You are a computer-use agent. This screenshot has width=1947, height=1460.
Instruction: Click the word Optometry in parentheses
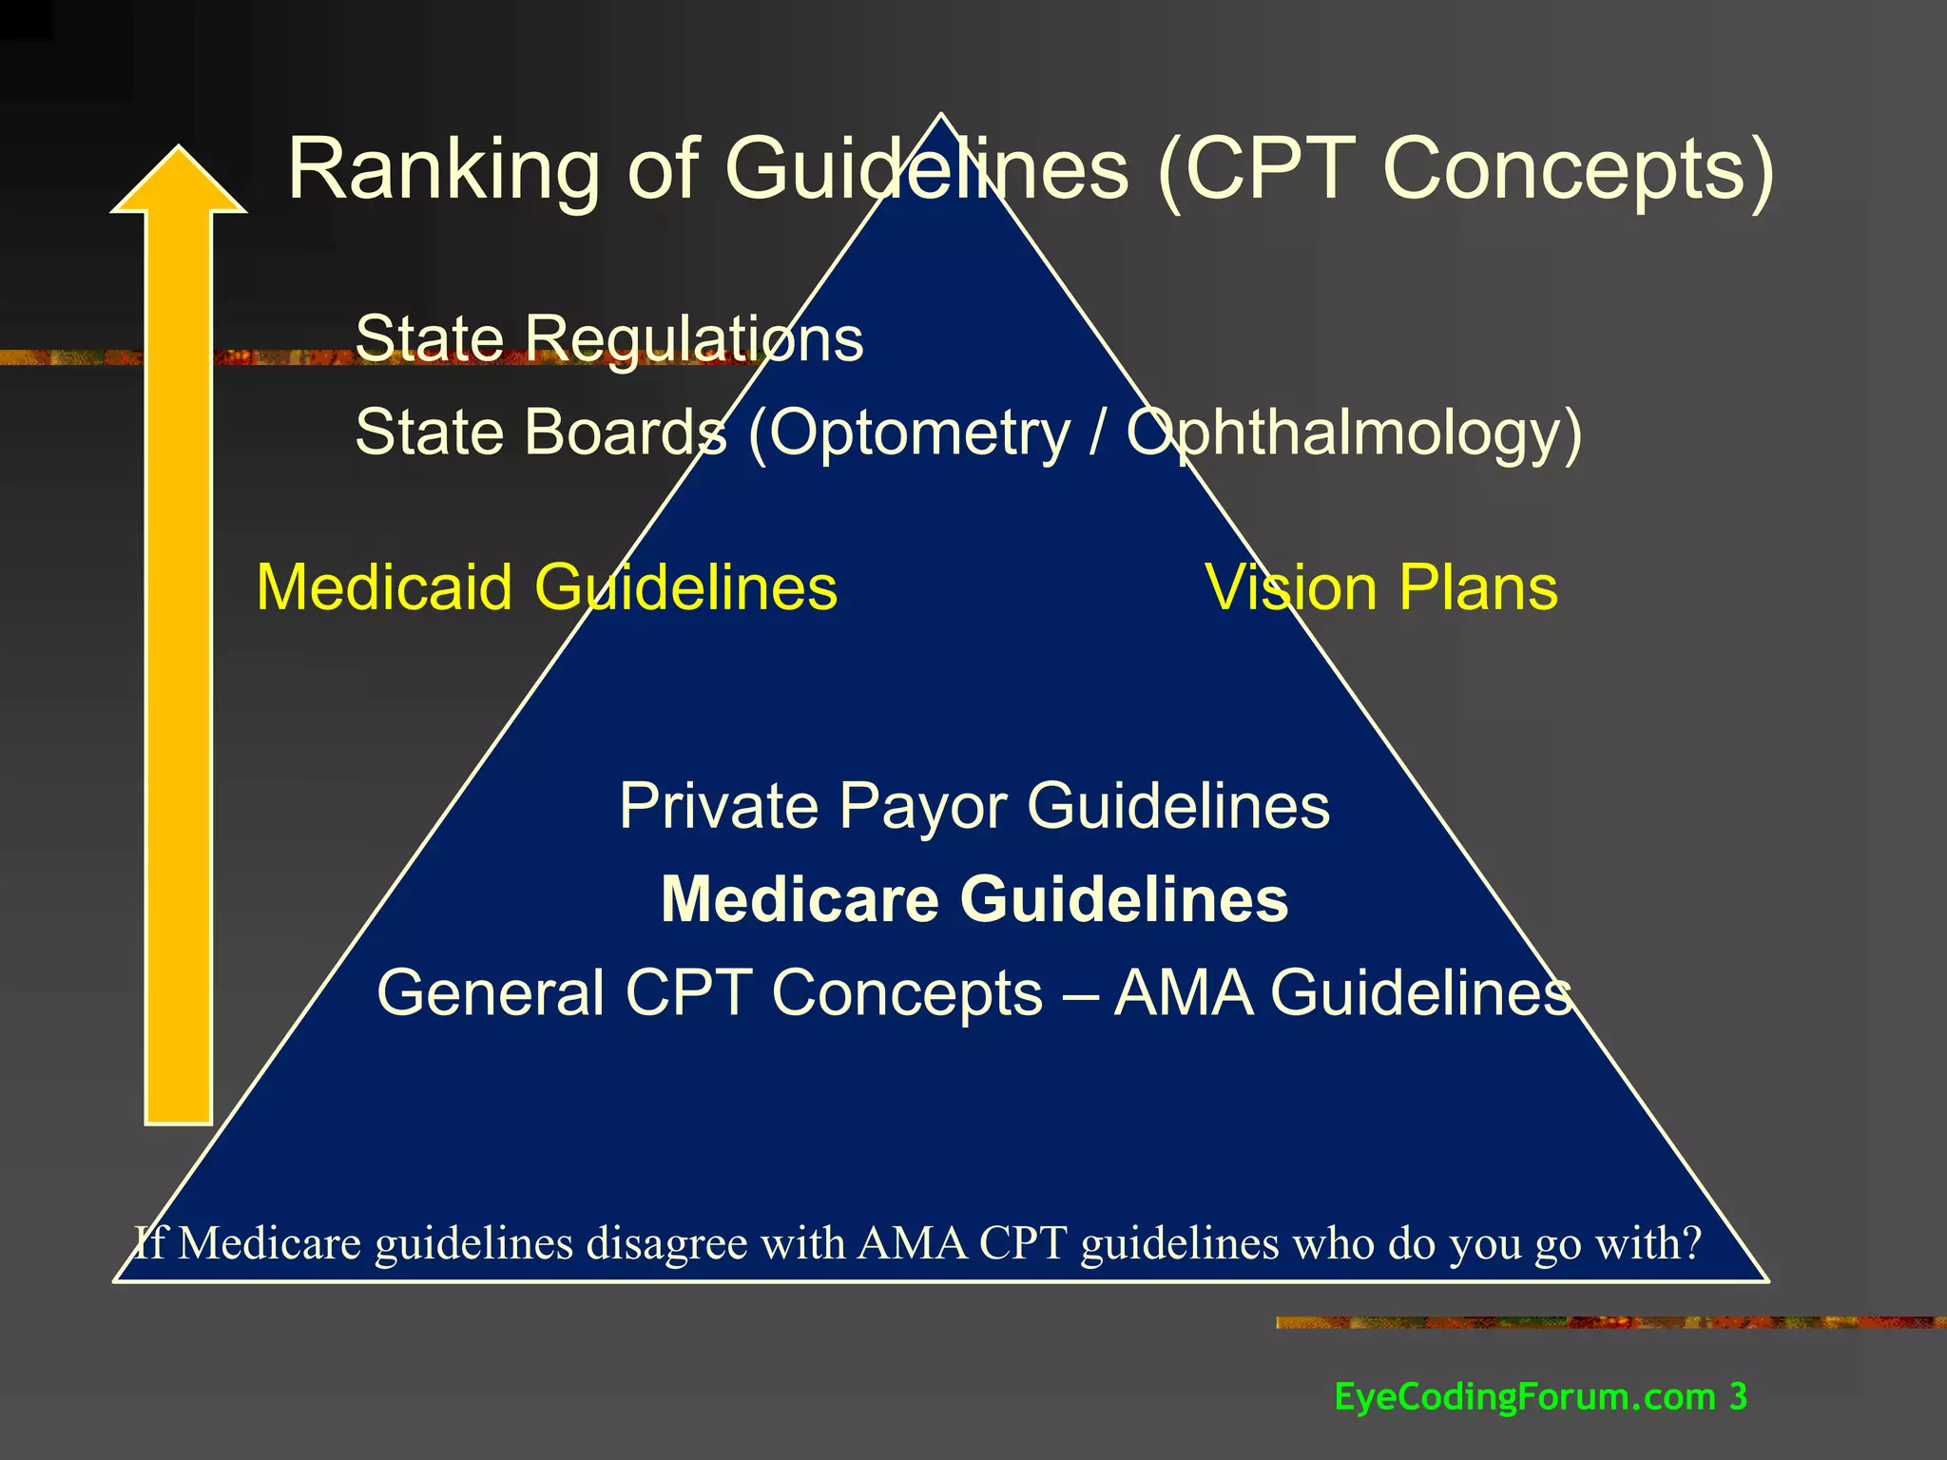(919, 433)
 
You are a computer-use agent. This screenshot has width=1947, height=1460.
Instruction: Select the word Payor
(922, 807)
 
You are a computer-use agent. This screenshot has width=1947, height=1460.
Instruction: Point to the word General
(491, 992)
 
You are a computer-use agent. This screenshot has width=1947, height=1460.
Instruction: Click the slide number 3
(1738, 1396)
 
